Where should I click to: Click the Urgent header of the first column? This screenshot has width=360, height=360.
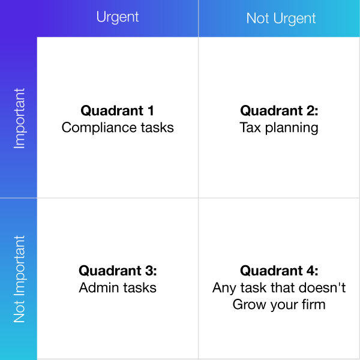[x=118, y=17]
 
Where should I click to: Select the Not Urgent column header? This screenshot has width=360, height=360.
[x=281, y=19]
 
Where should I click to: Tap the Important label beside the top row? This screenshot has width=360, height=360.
[x=19, y=118]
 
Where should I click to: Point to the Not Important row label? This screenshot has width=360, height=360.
[x=19, y=279]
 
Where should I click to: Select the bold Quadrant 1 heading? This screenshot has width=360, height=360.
[x=118, y=110]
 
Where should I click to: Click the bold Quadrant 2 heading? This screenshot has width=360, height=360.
[x=279, y=110]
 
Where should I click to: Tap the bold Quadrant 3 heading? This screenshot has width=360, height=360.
[x=118, y=271]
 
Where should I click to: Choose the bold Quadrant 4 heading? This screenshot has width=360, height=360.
[x=279, y=271]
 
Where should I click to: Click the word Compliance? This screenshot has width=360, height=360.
[x=99, y=128]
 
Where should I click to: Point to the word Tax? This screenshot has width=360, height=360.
[x=250, y=128]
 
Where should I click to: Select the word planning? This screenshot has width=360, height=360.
[x=292, y=128]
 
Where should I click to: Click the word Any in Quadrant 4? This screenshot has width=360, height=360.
[x=224, y=289]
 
